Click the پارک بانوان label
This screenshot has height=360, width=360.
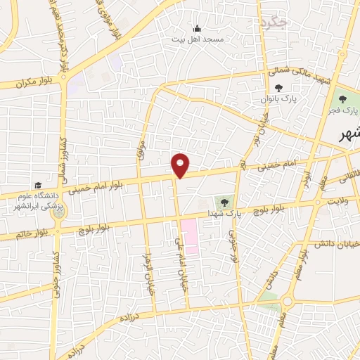point(278,100)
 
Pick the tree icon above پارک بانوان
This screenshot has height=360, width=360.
point(278,89)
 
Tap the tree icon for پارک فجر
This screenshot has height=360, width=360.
point(343,99)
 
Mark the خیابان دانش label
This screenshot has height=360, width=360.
point(336,245)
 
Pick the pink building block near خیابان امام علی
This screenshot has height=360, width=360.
point(189,236)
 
